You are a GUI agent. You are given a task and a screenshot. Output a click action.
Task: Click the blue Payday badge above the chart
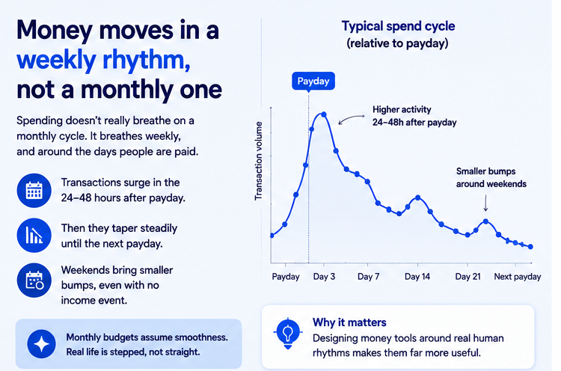coord(313,82)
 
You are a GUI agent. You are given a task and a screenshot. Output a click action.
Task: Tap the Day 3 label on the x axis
coord(324,277)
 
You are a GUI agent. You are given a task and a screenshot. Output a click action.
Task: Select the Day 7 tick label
coord(369,277)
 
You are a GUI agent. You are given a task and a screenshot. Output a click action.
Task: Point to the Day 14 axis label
coord(417,277)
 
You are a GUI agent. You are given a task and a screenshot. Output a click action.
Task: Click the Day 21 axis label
coord(467,277)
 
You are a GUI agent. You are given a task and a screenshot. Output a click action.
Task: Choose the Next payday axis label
coord(518,277)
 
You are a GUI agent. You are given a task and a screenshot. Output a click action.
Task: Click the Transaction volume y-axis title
coord(258,161)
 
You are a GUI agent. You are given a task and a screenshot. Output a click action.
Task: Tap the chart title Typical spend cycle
coord(398,26)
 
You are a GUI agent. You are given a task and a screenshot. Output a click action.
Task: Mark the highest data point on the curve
coord(324,114)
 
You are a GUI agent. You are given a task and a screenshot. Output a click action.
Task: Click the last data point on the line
coord(530,247)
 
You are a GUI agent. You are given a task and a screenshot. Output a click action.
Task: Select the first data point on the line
coord(272,236)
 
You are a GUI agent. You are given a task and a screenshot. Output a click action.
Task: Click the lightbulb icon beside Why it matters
coord(288,333)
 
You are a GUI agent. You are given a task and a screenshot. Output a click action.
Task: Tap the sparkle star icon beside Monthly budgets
coord(41,344)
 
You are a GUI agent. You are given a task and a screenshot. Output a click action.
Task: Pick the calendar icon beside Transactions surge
coord(34,190)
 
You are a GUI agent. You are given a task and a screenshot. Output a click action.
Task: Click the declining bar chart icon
coord(34,236)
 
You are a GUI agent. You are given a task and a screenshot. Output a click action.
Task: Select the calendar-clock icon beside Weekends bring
coord(34,280)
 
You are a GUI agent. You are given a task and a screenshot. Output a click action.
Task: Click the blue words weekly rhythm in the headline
coord(103,60)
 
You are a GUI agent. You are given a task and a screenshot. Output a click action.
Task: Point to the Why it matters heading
coord(349,322)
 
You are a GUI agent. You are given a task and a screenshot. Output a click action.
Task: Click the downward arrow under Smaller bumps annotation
coord(485,203)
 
